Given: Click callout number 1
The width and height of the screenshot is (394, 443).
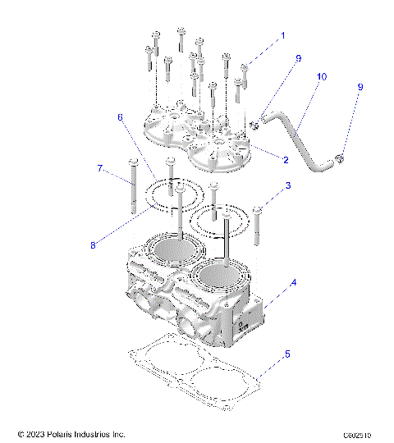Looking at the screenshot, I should tap(284, 36).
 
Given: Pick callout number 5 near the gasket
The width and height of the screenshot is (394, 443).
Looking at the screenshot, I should tap(286, 354).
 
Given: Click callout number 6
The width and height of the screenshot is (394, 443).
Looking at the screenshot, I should tap(121, 117).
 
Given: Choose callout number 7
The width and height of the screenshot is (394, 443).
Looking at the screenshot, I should tap(101, 169).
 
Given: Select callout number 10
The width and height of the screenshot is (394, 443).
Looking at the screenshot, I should tap(321, 76).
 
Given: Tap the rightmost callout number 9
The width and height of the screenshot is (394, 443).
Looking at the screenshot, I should tap(360, 87).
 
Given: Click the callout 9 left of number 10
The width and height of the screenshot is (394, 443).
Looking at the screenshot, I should tap(299, 59).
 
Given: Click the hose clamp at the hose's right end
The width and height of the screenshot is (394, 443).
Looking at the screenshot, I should tap(341, 158).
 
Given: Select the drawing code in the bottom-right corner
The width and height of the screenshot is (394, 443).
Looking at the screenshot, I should tap(359, 433).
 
